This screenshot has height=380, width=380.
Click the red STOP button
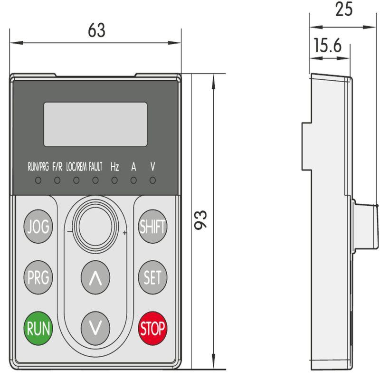click(152, 328)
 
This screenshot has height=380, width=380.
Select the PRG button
click(38, 277)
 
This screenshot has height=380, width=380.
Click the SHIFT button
click(152, 227)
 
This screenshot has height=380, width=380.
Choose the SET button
click(152, 277)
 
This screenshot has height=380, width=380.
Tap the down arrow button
click(95, 328)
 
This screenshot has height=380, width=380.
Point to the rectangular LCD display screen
click(95, 124)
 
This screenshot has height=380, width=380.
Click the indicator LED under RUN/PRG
click(38, 180)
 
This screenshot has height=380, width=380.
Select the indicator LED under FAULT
click(95, 180)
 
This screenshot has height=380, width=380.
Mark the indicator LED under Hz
click(114, 180)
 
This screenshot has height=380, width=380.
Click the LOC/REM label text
click(76, 167)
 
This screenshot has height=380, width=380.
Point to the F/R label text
click(57, 167)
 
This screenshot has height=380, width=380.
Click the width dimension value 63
click(96, 30)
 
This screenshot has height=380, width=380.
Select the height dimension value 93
click(202, 219)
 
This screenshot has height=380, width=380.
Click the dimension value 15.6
click(328, 46)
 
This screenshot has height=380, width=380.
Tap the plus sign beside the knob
click(124, 233)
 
